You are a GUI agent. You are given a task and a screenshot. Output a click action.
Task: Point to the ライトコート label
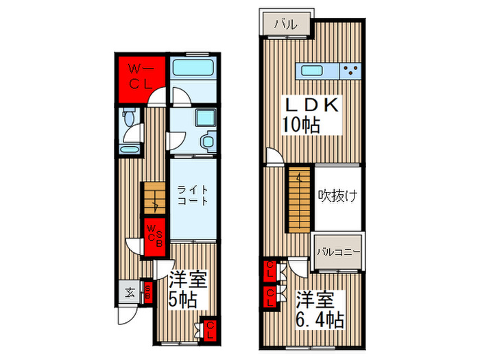click(x=193, y=195)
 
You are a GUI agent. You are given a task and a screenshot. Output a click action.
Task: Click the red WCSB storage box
click(x=154, y=237)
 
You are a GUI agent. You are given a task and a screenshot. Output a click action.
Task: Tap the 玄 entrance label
click(x=130, y=293)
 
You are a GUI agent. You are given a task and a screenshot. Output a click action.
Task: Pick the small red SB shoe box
click(x=148, y=292)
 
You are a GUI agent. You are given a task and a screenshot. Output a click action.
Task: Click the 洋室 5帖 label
click(x=188, y=289)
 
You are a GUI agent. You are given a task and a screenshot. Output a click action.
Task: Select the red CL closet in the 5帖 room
click(x=210, y=330)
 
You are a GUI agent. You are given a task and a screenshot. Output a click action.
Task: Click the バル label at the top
click(x=285, y=24)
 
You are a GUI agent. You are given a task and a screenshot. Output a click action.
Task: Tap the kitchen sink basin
click(x=312, y=71)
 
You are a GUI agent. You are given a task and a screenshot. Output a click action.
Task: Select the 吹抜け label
click(x=337, y=196)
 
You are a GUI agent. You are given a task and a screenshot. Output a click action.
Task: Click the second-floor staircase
click(x=300, y=200)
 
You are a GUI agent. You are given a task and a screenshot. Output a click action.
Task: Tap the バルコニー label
click(x=338, y=252)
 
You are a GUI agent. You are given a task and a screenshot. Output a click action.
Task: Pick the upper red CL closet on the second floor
click(x=270, y=270)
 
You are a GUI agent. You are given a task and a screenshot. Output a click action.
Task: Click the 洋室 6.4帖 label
click(x=320, y=310)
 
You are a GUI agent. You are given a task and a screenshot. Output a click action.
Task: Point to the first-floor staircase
click(x=154, y=198)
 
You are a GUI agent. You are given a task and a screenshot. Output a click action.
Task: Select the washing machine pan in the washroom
click(x=206, y=118)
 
